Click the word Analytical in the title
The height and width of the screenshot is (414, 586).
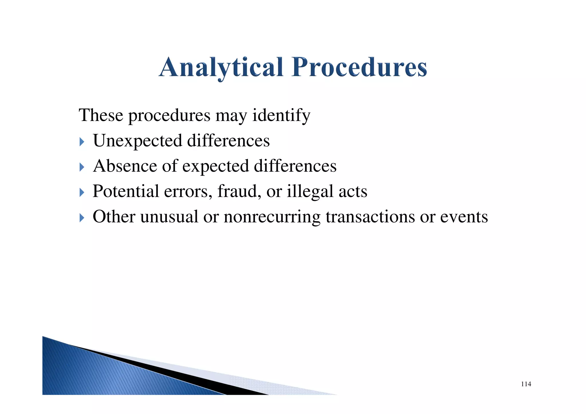(221, 67)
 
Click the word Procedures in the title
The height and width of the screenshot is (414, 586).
(360, 67)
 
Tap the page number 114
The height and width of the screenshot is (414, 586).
(526, 384)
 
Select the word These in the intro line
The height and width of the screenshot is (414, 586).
(101, 115)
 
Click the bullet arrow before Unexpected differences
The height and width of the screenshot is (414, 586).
(82, 142)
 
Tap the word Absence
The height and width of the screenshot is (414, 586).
(125, 166)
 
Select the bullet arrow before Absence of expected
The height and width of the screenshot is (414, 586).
(82, 167)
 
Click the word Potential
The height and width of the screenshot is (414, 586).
(126, 191)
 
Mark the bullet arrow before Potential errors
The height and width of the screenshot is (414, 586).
(82, 192)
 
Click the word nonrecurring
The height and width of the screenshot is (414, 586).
(272, 217)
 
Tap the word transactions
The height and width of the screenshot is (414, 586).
(370, 217)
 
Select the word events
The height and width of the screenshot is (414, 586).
(464, 217)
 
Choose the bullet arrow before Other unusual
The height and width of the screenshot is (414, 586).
(82, 218)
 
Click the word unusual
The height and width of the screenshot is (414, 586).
(169, 217)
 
